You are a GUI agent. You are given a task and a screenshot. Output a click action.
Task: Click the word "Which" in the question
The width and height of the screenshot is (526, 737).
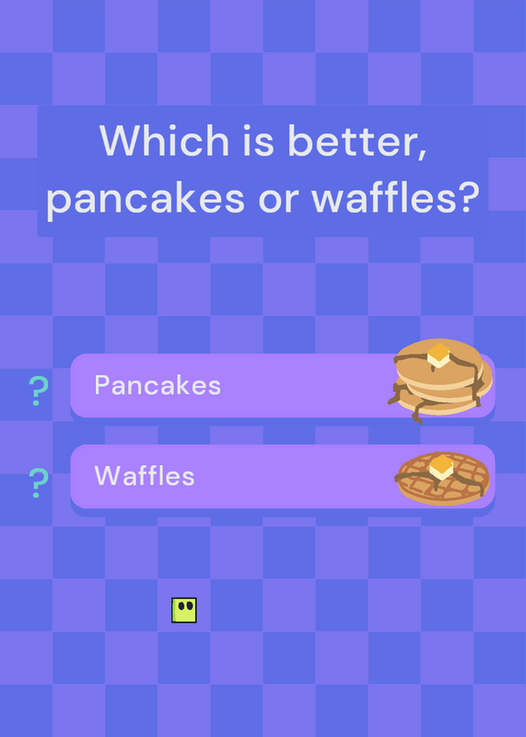pyautogui.click(x=164, y=140)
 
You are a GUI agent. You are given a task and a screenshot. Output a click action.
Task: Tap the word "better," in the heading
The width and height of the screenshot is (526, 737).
pyautogui.click(x=357, y=141)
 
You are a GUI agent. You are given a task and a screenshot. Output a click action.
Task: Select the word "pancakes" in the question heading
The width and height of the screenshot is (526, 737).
pyautogui.click(x=146, y=198)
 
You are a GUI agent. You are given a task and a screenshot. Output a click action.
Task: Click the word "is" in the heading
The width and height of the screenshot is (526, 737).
pyautogui.click(x=258, y=140)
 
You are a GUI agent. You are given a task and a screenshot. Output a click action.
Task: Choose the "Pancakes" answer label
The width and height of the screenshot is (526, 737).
pyautogui.click(x=158, y=385)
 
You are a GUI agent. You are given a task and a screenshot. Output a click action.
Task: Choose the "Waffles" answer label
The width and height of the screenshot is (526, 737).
pyautogui.click(x=145, y=475)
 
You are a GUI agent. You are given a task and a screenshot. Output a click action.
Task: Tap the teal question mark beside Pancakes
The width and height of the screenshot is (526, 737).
pyautogui.click(x=39, y=391)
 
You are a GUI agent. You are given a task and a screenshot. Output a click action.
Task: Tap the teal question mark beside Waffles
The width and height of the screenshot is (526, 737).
pyautogui.click(x=39, y=483)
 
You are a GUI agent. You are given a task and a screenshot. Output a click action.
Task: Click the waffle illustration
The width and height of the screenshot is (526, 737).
pyautogui.click(x=443, y=478)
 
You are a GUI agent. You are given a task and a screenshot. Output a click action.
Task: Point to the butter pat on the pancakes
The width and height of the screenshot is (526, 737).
pyautogui.click(x=438, y=356)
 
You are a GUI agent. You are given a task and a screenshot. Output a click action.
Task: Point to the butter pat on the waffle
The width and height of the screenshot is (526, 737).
pyautogui.click(x=441, y=467)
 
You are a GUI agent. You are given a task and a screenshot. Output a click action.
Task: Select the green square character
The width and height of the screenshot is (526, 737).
pyautogui.click(x=184, y=610)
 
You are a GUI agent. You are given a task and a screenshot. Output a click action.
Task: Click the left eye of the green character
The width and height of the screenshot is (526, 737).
pyautogui.click(x=181, y=606)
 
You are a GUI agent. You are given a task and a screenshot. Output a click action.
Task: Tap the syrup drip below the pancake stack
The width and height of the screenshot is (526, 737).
pyautogui.click(x=417, y=416)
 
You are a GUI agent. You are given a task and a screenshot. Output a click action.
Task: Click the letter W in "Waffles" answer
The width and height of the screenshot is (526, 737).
pyautogui.click(x=105, y=475)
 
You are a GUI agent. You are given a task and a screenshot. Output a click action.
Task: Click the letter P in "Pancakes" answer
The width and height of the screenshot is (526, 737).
pyautogui.click(x=101, y=385)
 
